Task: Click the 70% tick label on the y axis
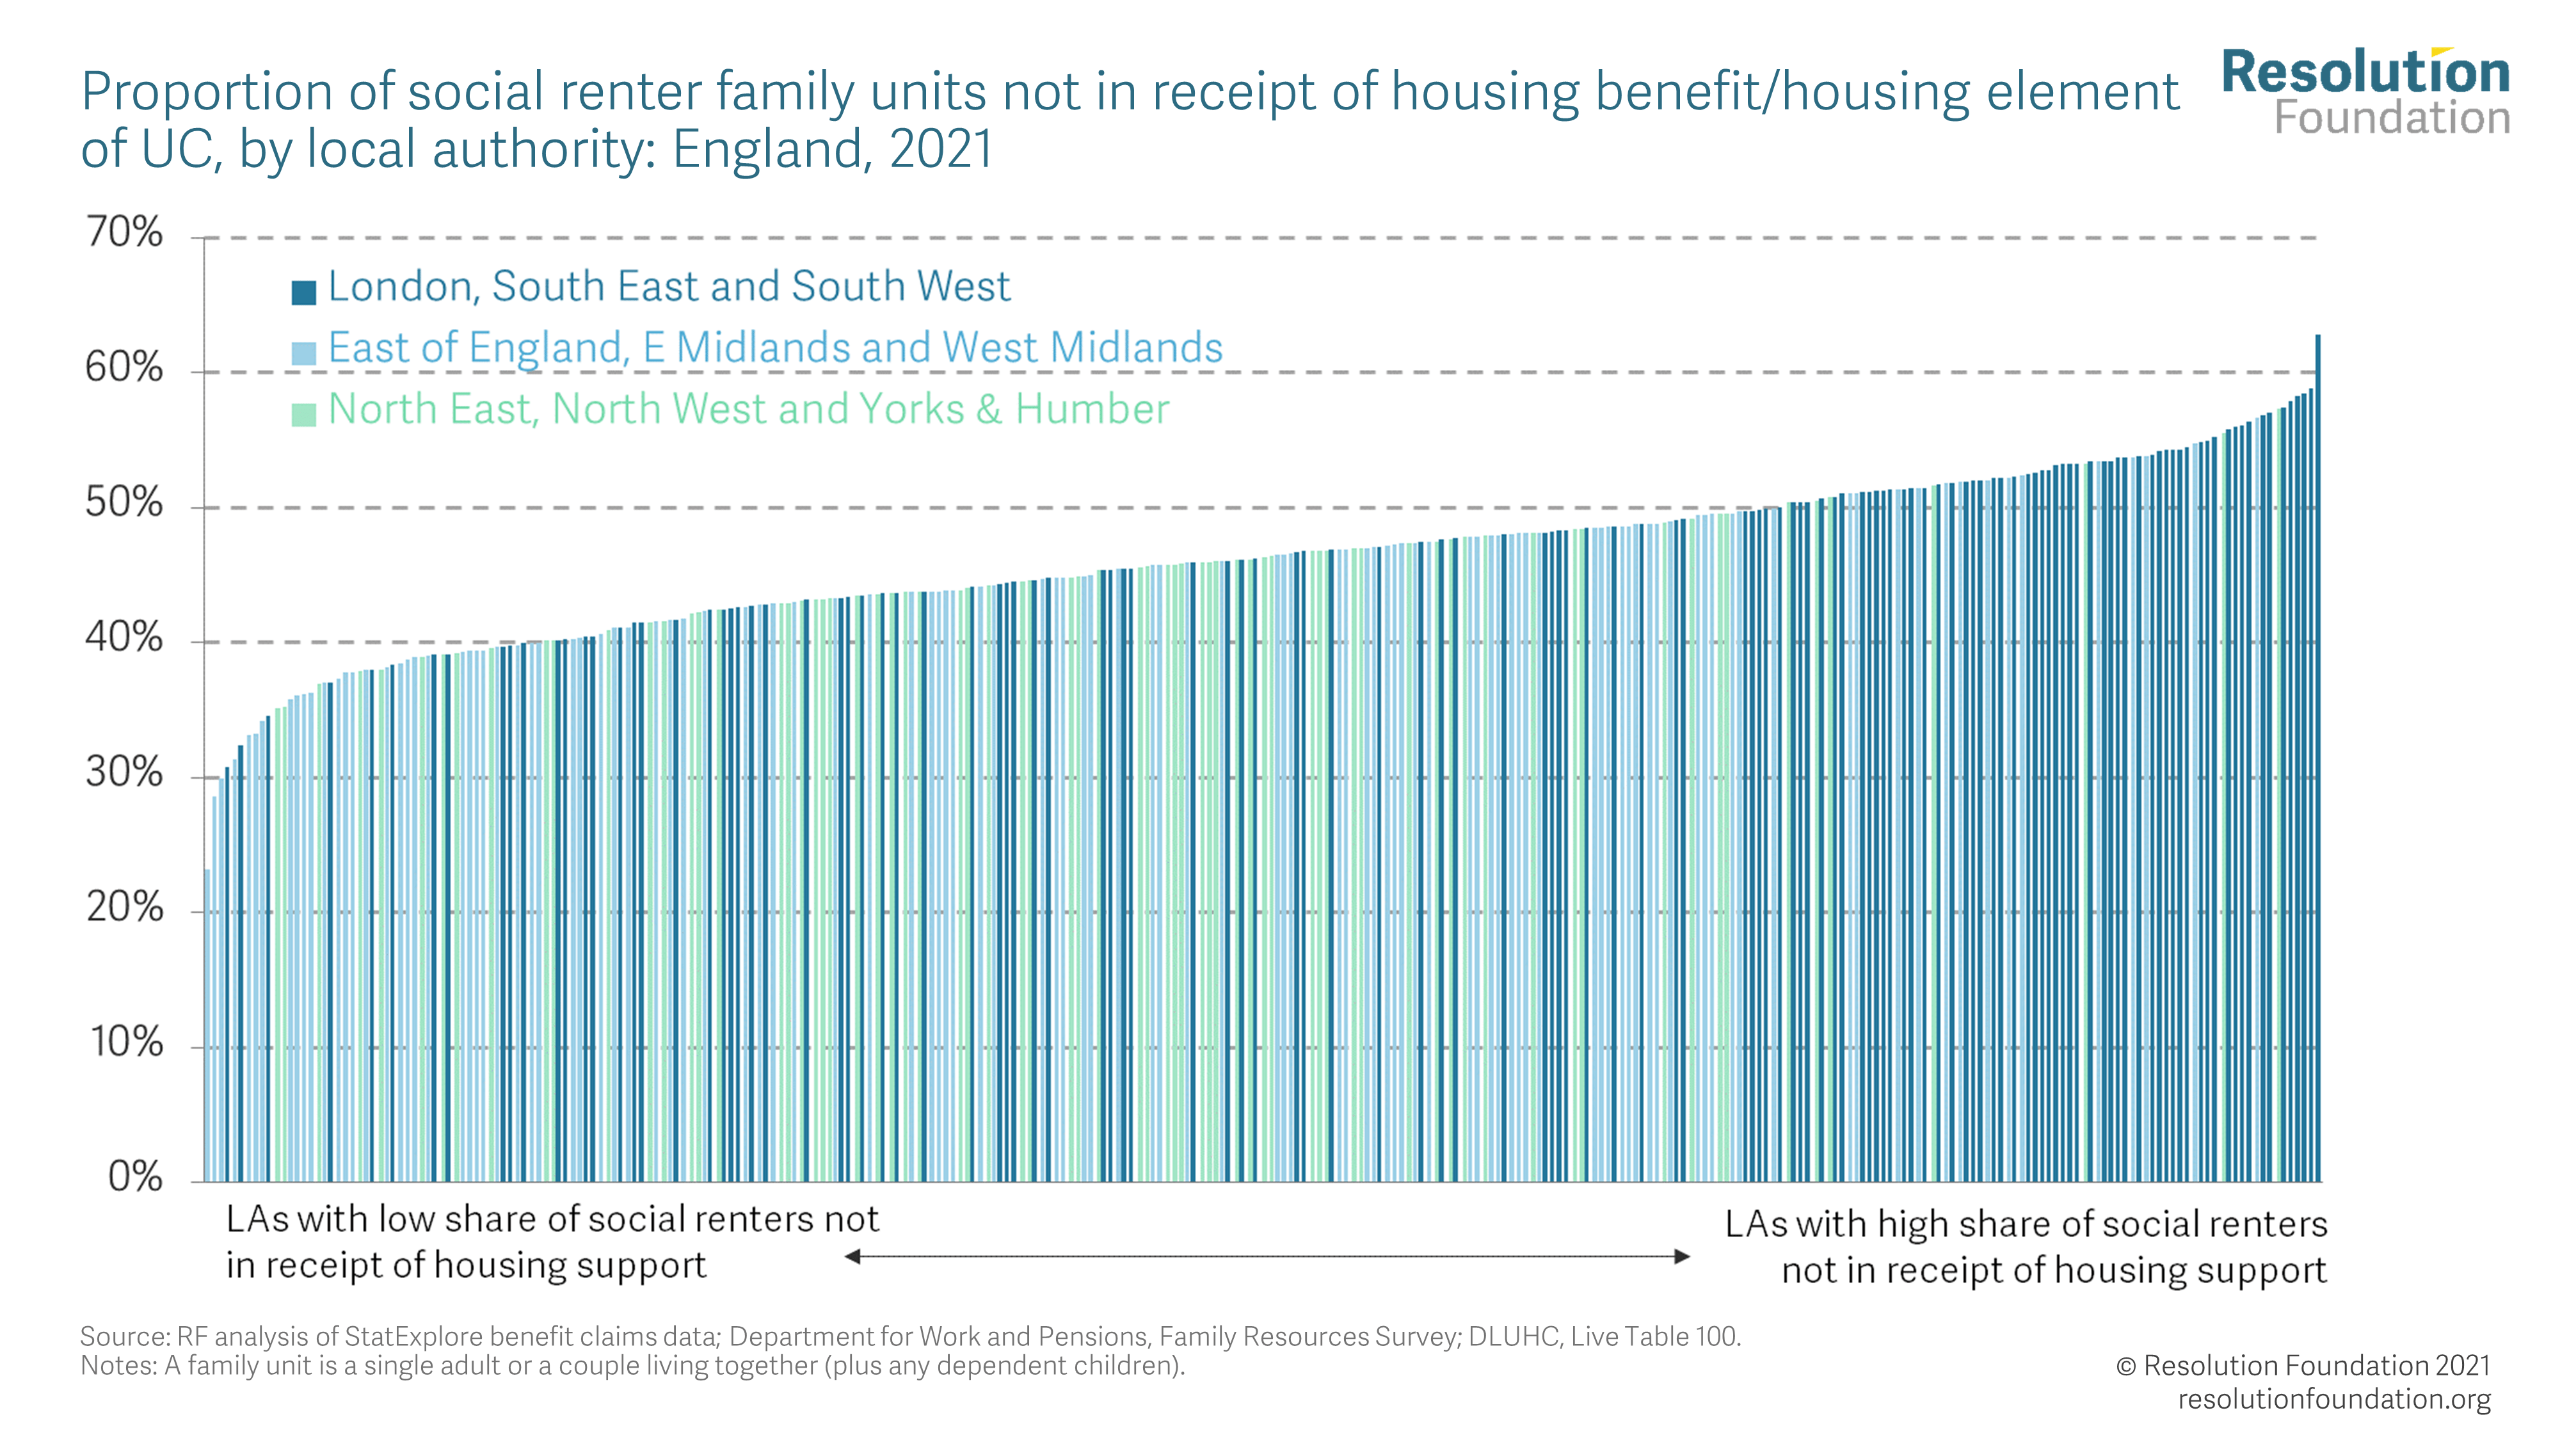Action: tap(124, 234)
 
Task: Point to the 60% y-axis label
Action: tap(124, 369)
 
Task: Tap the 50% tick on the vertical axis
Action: tap(124, 504)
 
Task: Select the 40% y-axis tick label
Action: tap(124, 638)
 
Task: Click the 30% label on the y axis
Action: tap(124, 773)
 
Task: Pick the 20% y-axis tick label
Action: tap(124, 908)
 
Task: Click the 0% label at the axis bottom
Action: tap(134, 1178)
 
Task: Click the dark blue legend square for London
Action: tap(304, 292)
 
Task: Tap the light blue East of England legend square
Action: tap(304, 353)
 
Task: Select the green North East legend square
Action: tap(304, 415)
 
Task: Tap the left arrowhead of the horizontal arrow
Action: tap(852, 1257)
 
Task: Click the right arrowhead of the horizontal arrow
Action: tap(1681, 1257)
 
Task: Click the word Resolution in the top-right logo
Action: tap(2365, 72)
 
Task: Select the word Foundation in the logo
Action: tap(2392, 118)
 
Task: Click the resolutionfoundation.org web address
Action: tap(2333, 1399)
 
